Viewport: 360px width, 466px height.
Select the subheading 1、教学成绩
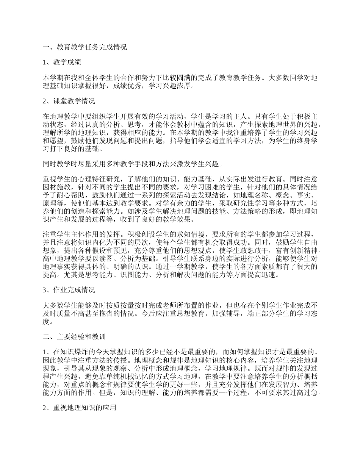pos(62,62)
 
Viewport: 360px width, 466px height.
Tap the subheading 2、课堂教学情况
pos(69,101)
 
